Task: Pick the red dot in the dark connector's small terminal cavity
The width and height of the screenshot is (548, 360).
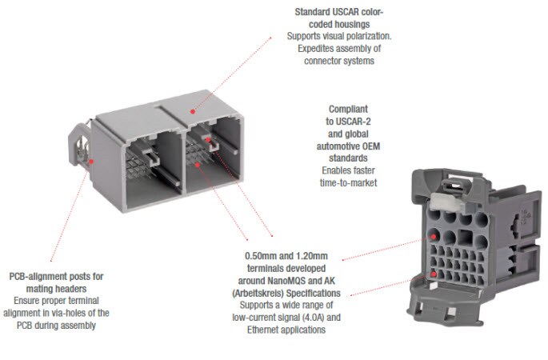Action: click(434, 274)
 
